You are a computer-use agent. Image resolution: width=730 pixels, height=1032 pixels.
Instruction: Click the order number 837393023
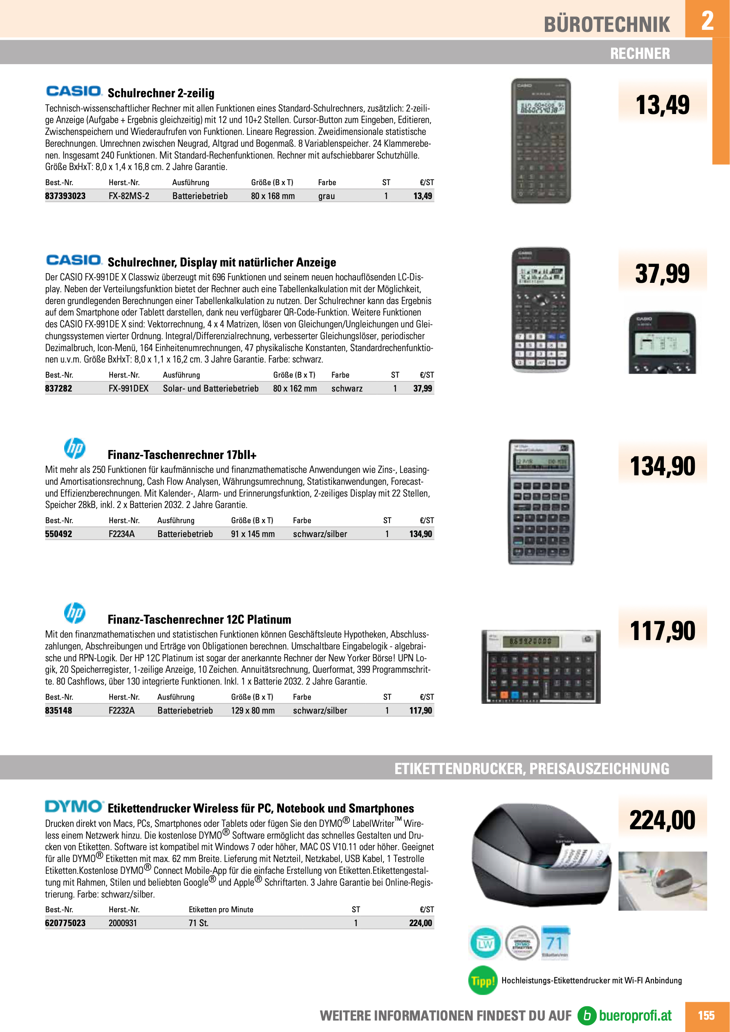(x=65, y=196)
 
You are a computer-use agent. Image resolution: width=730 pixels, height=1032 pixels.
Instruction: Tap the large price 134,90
(x=662, y=466)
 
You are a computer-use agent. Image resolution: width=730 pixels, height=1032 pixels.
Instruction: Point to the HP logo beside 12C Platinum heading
(x=75, y=613)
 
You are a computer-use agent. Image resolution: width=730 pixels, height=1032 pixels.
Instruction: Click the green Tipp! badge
(x=483, y=981)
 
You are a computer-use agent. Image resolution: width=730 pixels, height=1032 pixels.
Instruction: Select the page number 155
(x=706, y=1015)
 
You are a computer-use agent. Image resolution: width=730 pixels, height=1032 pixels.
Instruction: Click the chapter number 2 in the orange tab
(x=707, y=20)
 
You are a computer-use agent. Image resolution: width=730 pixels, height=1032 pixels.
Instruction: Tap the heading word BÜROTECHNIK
(x=607, y=25)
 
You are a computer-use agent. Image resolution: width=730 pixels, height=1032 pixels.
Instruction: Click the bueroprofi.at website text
(x=635, y=1015)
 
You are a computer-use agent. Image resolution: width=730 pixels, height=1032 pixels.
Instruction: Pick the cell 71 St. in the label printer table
(x=198, y=923)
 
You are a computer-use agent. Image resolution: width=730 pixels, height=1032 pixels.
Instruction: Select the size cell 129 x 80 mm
(x=253, y=711)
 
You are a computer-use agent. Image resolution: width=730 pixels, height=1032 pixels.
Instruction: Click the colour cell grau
(x=326, y=196)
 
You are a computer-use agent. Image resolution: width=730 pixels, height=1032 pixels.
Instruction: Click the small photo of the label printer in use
(x=662, y=881)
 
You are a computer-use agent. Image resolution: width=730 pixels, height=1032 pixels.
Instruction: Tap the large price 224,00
(x=662, y=820)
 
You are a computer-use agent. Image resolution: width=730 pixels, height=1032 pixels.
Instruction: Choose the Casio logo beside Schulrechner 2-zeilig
(x=74, y=91)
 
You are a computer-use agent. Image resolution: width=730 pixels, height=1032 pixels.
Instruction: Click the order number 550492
(x=58, y=534)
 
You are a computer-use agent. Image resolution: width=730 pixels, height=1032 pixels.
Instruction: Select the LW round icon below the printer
(x=485, y=943)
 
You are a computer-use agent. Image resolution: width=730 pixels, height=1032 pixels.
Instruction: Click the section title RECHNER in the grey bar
(x=640, y=54)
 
